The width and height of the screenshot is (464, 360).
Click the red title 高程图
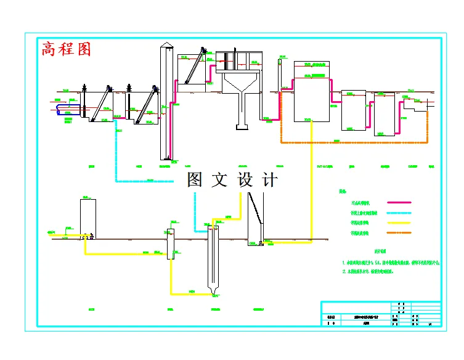(x=66, y=49)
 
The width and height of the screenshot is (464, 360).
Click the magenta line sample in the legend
(x=398, y=202)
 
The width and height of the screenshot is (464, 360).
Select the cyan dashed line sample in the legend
(x=398, y=213)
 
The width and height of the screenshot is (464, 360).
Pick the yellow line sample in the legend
(x=398, y=223)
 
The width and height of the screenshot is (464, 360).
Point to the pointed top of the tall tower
(x=165, y=44)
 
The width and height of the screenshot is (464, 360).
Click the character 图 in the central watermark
(x=195, y=180)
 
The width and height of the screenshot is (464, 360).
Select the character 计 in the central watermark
(x=271, y=180)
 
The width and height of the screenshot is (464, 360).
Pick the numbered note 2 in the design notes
(x=376, y=271)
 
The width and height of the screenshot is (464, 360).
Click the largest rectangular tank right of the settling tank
(x=311, y=99)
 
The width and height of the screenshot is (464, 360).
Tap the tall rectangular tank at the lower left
(x=88, y=217)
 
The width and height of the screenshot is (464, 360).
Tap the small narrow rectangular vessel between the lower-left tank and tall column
(x=171, y=243)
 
